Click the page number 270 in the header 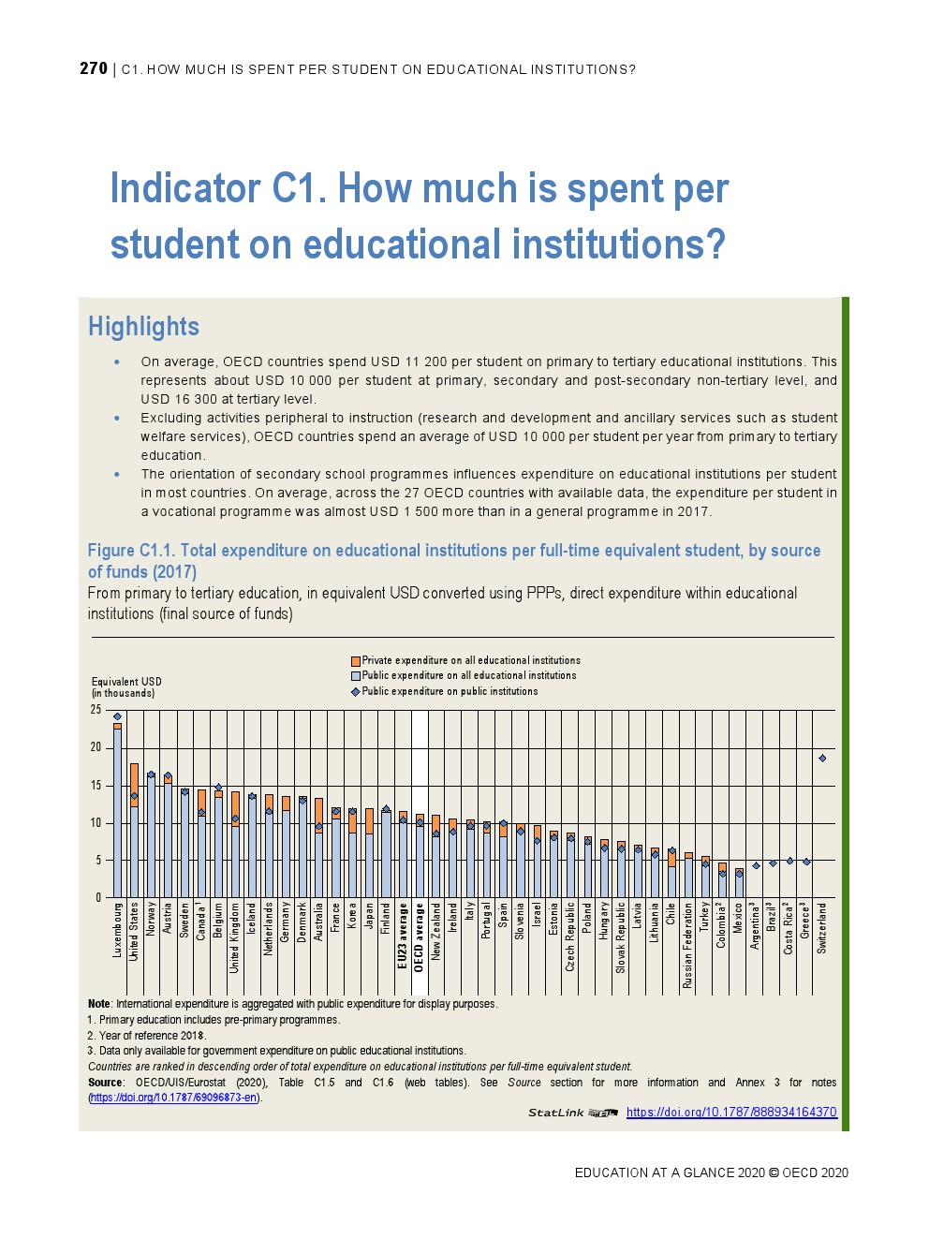94,68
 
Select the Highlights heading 143,327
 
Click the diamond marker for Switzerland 822,759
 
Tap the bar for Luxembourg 117,810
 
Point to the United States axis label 134,931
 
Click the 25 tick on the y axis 96,710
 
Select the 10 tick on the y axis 96,823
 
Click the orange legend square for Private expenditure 356,661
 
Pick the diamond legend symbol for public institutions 356,692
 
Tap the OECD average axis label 420,937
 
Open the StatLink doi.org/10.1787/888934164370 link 731,1113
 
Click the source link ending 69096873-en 174,1098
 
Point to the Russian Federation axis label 688,945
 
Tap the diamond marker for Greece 806,862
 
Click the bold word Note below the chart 98,1004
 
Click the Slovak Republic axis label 621,937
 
